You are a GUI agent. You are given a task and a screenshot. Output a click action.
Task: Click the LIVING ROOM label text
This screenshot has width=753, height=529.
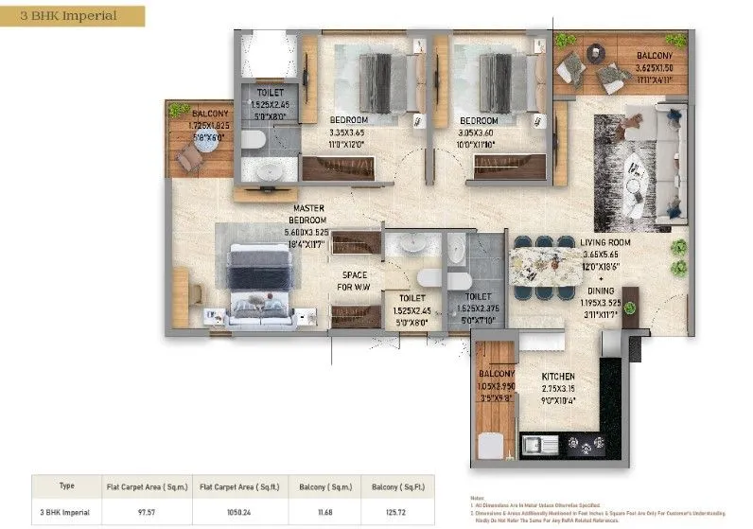(605, 242)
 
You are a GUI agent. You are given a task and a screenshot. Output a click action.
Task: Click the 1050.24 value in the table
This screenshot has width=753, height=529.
(239, 511)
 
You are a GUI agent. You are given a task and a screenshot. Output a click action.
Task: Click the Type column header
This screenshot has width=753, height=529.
(66, 486)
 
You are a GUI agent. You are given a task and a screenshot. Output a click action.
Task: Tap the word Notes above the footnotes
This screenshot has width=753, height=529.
(478, 496)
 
